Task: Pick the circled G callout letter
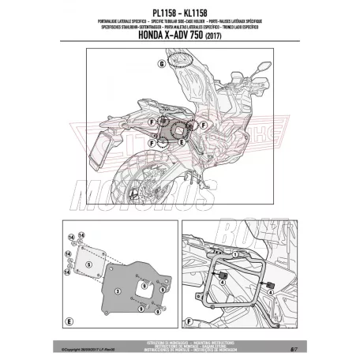point(161,62)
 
